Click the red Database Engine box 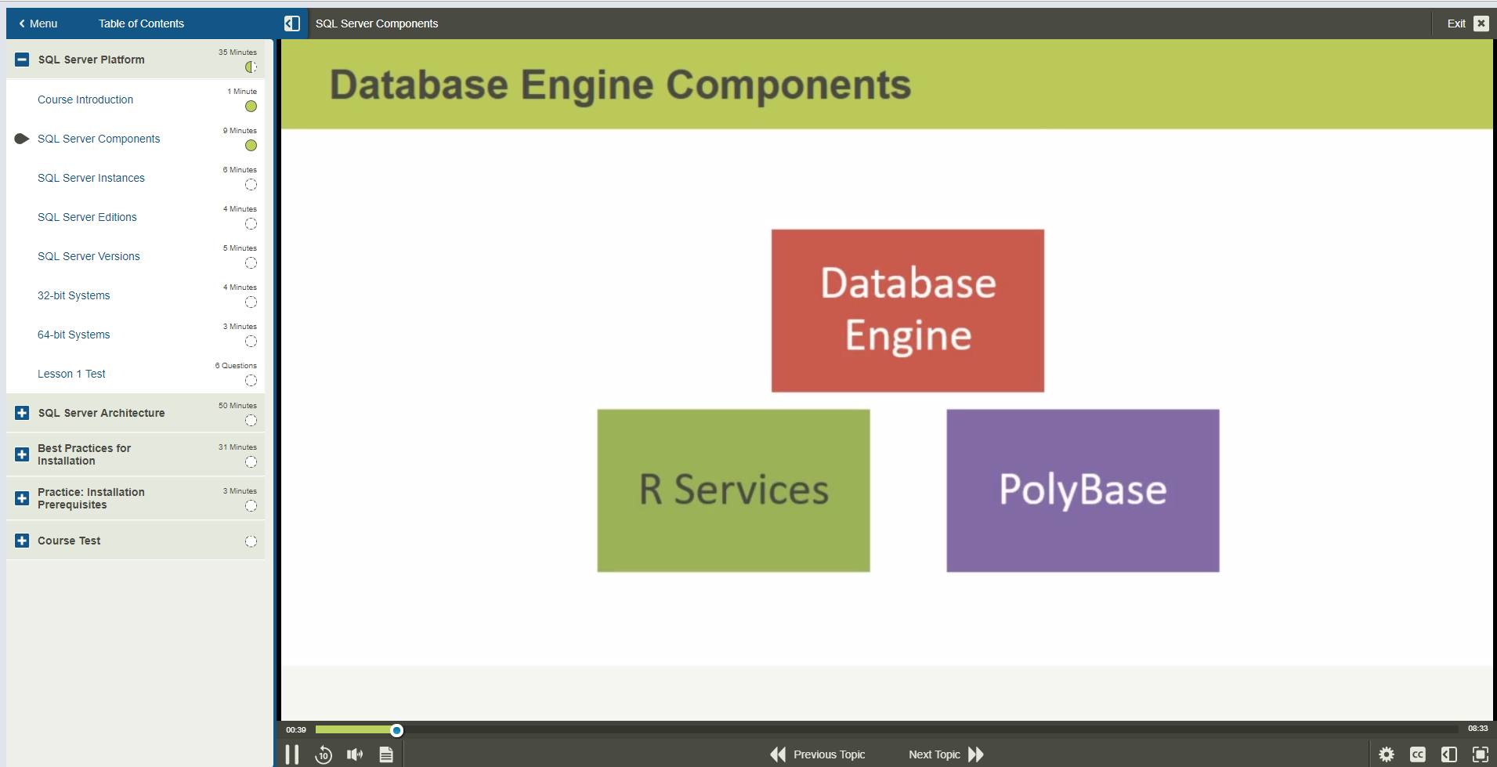click(907, 310)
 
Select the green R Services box click(733, 490)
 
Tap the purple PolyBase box click(1083, 490)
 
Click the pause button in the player click(292, 754)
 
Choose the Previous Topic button click(818, 754)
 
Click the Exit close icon click(1481, 24)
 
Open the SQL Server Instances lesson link click(91, 178)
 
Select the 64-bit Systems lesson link click(74, 335)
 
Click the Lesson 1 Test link click(71, 374)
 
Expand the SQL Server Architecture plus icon click(22, 413)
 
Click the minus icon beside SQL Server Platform click(22, 60)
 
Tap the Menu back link click(38, 24)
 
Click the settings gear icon click(1387, 754)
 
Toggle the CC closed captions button click(1418, 754)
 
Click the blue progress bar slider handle click(397, 730)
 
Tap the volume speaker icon click(355, 754)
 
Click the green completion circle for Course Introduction click(251, 107)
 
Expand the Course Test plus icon click(22, 541)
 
